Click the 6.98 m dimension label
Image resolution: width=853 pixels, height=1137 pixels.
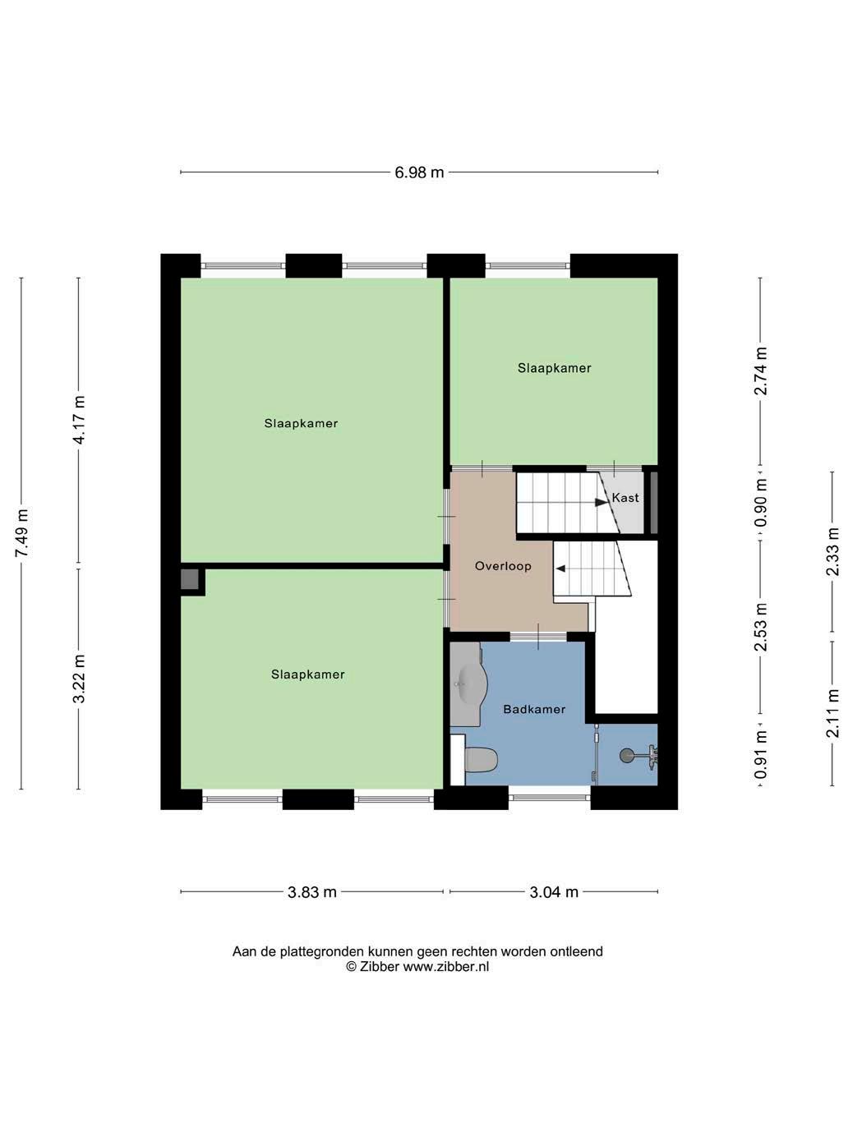(x=419, y=173)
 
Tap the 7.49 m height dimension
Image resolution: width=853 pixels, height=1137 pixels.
(x=22, y=532)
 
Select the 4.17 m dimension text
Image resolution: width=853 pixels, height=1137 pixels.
(x=79, y=420)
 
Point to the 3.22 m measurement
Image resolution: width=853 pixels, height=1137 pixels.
(x=79, y=679)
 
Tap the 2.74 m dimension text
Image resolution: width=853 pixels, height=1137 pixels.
(x=761, y=371)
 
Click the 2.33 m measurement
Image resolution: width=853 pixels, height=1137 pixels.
(x=832, y=551)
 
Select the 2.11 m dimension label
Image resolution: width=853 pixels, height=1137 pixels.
(x=832, y=714)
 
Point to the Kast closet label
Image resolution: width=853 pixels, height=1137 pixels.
(x=625, y=498)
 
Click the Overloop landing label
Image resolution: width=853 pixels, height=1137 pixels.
(x=503, y=566)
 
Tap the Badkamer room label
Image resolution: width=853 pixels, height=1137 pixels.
(x=534, y=709)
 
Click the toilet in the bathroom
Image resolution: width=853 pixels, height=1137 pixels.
(x=481, y=759)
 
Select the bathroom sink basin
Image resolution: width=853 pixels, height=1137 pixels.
(x=468, y=684)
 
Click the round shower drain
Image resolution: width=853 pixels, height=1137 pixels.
(x=626, y=756)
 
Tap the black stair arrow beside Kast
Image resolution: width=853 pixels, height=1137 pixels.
(x=601, y=503)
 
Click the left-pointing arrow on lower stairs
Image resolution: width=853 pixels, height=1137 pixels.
(x=560, y=568)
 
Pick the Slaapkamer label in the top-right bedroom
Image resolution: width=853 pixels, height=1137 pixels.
(x=554, y=368)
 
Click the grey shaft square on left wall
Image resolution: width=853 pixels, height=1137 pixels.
(x=189, y=578)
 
